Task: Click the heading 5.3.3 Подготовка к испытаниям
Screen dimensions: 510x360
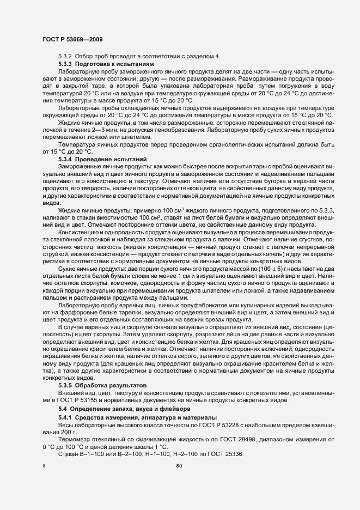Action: [106, 64]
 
